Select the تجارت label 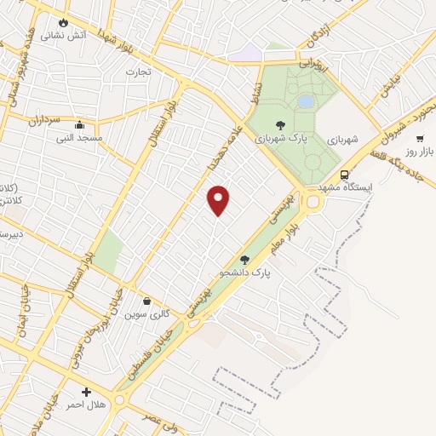click(138, 72)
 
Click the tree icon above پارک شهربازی click(282, 126)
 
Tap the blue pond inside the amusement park click(305, 101)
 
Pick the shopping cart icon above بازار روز click(420, 139)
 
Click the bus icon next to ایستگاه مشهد click(343, 175)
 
